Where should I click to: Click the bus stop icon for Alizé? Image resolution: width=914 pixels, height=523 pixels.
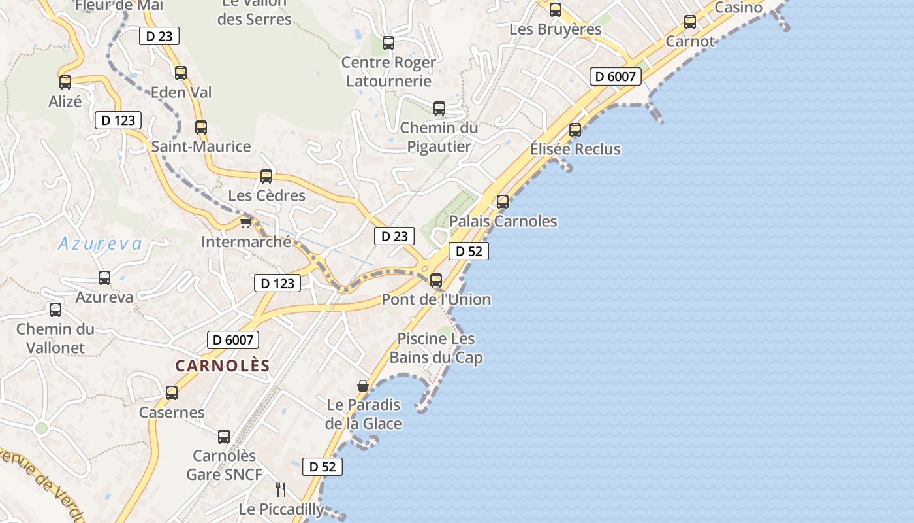(x=65, y=82)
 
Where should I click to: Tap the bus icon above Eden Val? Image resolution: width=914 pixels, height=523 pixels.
(x=181, y=73)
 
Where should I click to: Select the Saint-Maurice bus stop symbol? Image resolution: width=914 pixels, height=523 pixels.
(x=201, y=127)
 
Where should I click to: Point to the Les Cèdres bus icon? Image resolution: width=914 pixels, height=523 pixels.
(x=266, y=177)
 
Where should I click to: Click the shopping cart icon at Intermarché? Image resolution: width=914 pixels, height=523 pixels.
(x=245, y=223)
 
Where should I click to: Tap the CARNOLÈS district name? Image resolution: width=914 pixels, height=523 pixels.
(x=223, y=365)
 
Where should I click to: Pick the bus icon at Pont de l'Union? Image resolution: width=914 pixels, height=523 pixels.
(x=436, y=280)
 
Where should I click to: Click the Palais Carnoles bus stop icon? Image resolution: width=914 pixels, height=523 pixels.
(x=503, y=202)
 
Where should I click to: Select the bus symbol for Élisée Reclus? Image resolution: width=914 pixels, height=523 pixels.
(x=575, y=130)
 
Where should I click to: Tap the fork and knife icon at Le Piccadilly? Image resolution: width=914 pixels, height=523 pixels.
(x=281, y=490)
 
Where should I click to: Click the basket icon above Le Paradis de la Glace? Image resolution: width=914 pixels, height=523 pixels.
(x=363, y=386)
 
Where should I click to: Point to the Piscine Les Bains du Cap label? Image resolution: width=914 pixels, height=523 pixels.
(x=436, y=348)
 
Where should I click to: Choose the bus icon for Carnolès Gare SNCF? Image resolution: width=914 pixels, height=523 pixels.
(x=224, y=436)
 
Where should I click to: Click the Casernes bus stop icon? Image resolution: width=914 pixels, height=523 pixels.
(x=172, y=393)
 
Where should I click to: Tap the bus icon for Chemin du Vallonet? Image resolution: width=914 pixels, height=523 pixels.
(x=55, y=310)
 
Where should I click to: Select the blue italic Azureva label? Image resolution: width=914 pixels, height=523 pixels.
(x=100, y=244)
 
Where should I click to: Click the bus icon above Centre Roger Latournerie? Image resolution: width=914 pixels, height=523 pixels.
(x=388, y=43)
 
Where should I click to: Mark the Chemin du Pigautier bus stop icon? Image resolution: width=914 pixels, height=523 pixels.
(x=439, y=109)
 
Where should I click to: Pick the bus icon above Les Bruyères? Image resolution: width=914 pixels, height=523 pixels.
(x=556, y=10)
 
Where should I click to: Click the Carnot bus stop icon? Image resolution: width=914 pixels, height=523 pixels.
(x=690, y=22)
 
